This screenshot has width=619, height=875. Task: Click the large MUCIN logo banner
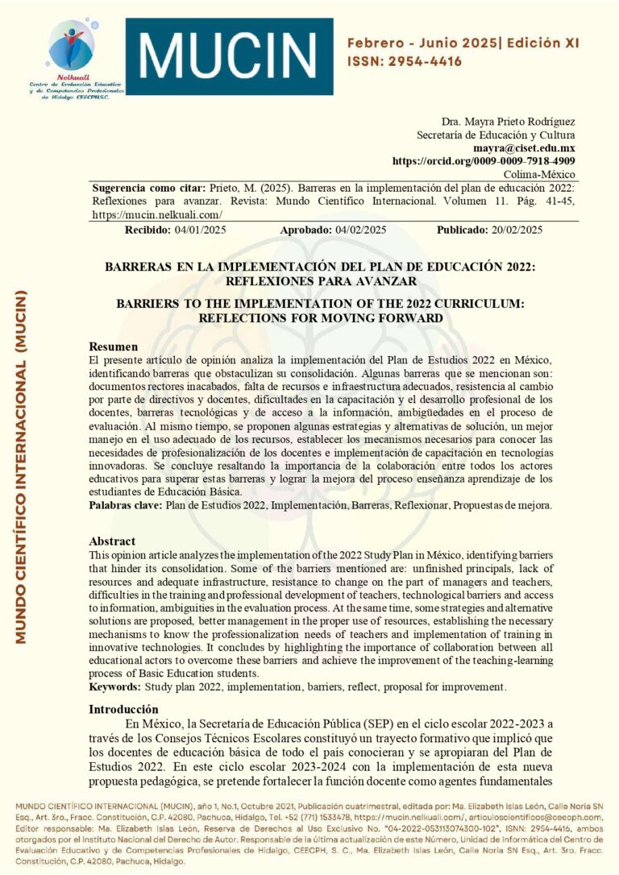[229, 56]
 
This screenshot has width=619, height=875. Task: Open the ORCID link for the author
[484, 161]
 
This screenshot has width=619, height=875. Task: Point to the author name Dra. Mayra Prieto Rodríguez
[508, 122]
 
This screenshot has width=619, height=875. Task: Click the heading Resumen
[112, 346]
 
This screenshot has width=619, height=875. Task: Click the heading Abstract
[112, 541]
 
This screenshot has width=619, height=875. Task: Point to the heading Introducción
[123, 709]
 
